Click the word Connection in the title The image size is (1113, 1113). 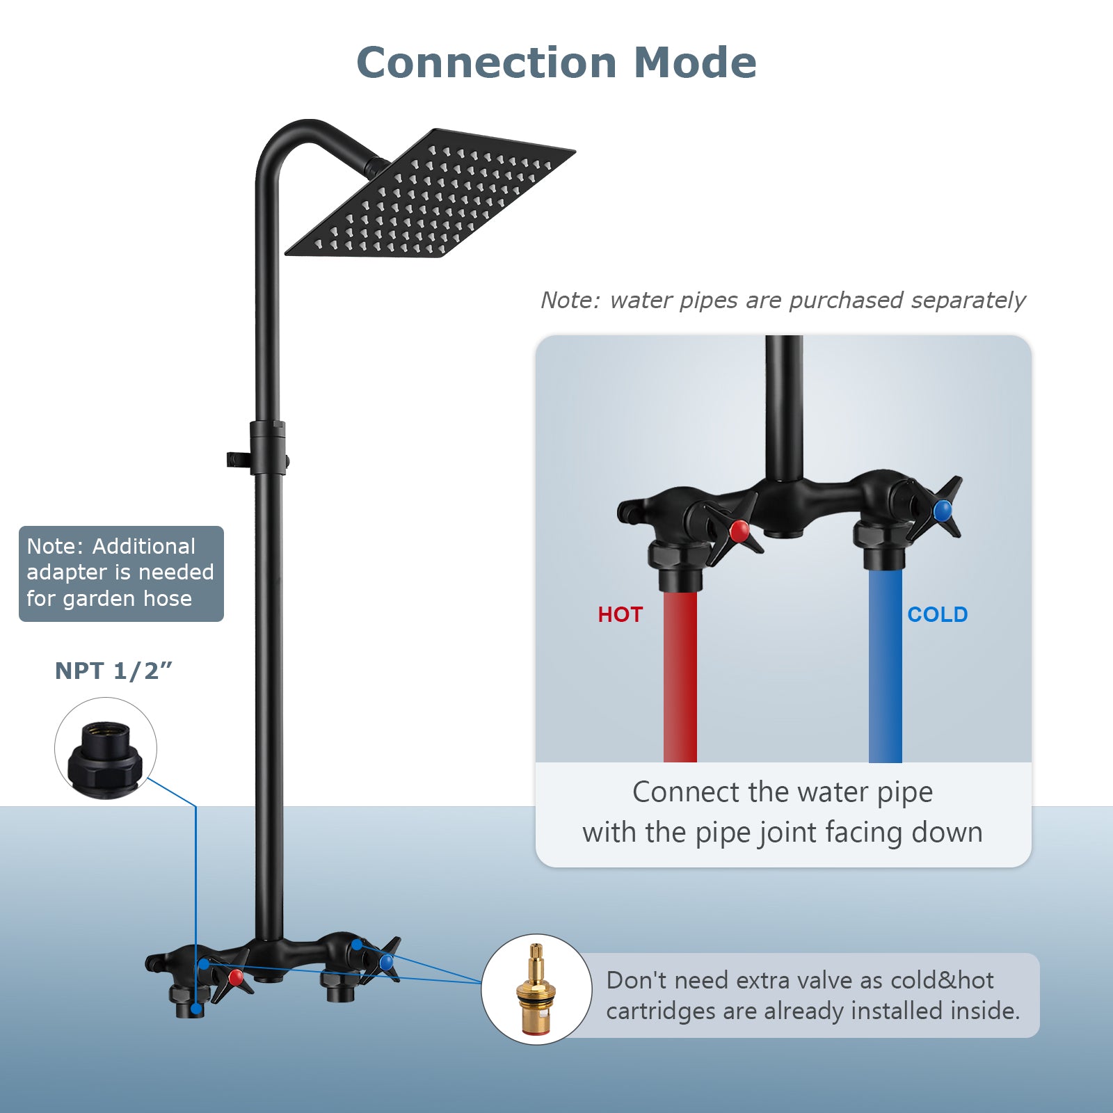[x=486, y=63]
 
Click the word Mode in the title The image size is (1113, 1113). [x=695, y=63]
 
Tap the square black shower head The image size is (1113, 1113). [x=430, y=193]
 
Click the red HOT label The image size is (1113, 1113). [x=620, y=614]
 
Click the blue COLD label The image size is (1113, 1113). [x=937, y=614]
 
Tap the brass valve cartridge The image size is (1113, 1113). [x=536, y=988]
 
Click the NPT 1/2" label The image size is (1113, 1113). [x=113, y=671]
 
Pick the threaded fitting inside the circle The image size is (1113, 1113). [x=105, y=759]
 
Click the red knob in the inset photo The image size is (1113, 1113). [x=739, y=531]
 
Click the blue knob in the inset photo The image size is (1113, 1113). [x=943, y=511]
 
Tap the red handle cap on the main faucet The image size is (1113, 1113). [x=237, y=977]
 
